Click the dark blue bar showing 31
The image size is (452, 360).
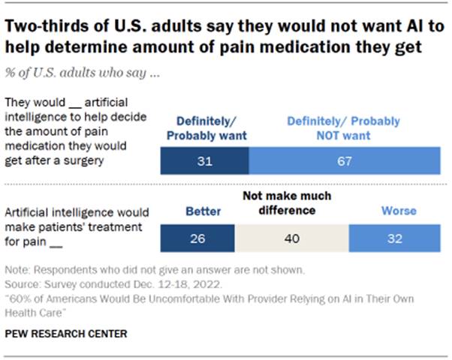coord(205,160)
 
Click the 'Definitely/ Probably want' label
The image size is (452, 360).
coord(204,127)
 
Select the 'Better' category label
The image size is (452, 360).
coord(203,211)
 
